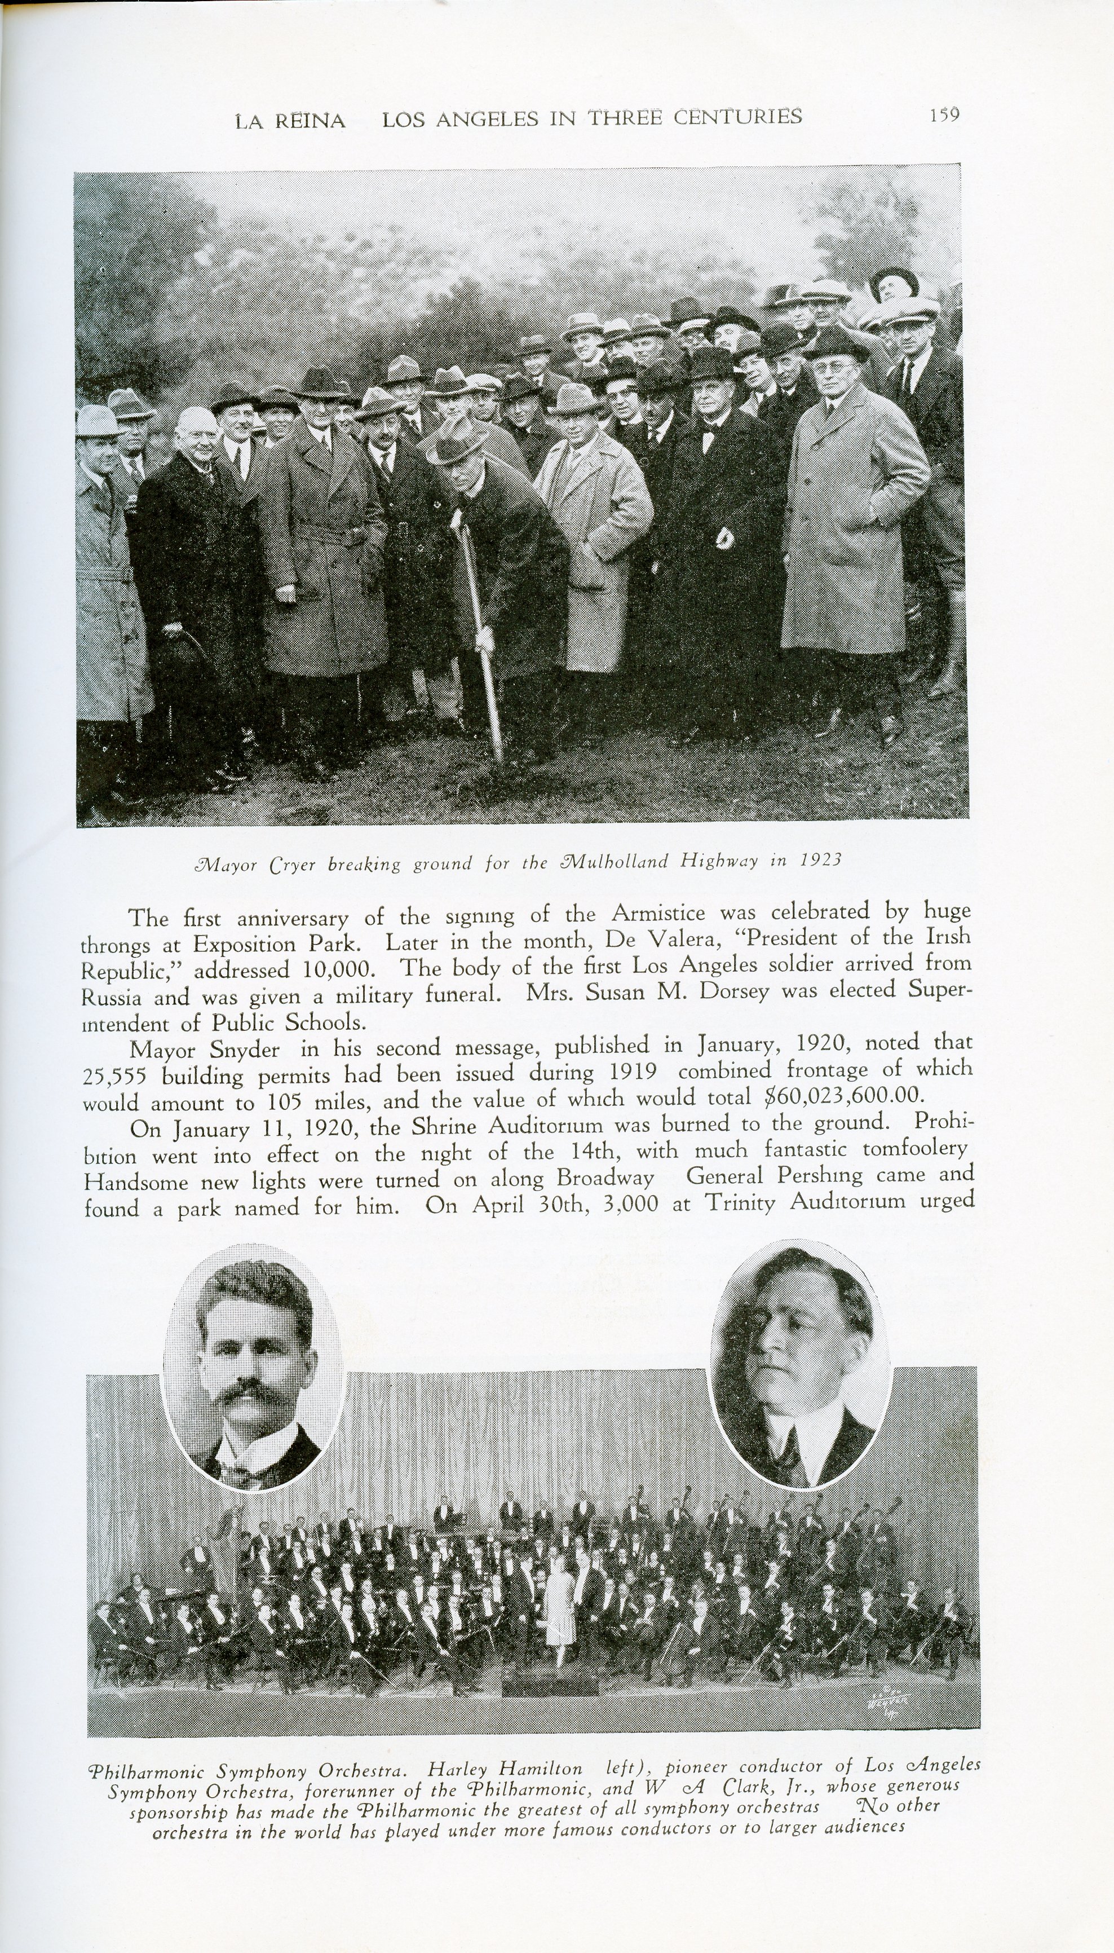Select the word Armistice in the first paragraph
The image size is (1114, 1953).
pos(658,913)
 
